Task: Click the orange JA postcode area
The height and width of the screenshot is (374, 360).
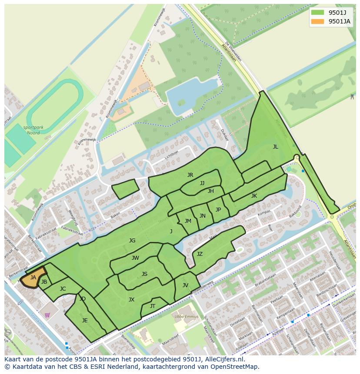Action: (33, 278)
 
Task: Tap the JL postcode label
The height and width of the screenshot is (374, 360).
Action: (275, 147)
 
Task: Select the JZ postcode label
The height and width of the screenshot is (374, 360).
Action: (200, 254)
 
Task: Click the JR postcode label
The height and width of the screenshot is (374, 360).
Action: (190, 175)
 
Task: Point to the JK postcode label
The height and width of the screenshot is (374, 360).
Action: (254, 196)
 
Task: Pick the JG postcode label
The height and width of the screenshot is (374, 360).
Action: (132, 241)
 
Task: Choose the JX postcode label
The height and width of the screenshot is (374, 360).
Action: (131, 300)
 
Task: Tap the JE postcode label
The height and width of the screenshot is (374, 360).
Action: (85, 321)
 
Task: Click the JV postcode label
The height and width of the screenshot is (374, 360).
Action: (185, 285)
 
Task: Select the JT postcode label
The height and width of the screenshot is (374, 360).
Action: (152, 306)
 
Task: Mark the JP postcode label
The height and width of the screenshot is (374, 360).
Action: (218, 210)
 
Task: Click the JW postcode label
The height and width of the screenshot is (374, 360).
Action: (135, 258)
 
